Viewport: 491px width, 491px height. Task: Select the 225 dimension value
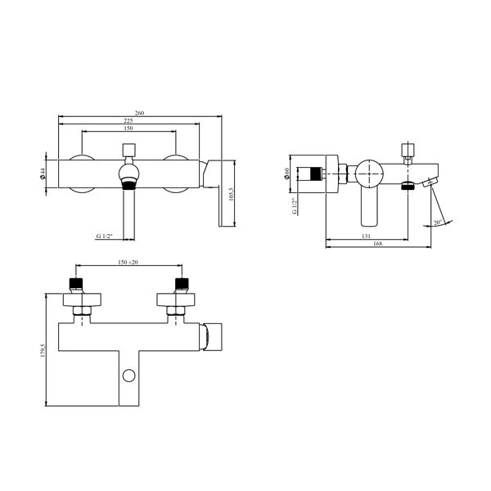click(x=128, y=120)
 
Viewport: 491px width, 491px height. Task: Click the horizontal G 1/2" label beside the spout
click(x=103, y=236)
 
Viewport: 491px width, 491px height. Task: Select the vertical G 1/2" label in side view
click(x=294, y=205)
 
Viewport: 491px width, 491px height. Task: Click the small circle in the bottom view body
click(x=128, y=376)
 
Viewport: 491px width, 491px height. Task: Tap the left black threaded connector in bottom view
click(x=75, y=285)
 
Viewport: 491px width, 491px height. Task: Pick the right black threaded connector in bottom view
click(x=181, y=285)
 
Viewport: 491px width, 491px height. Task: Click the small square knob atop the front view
click(x=128, y=149)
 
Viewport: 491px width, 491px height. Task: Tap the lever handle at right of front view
click(x=218, y=192)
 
